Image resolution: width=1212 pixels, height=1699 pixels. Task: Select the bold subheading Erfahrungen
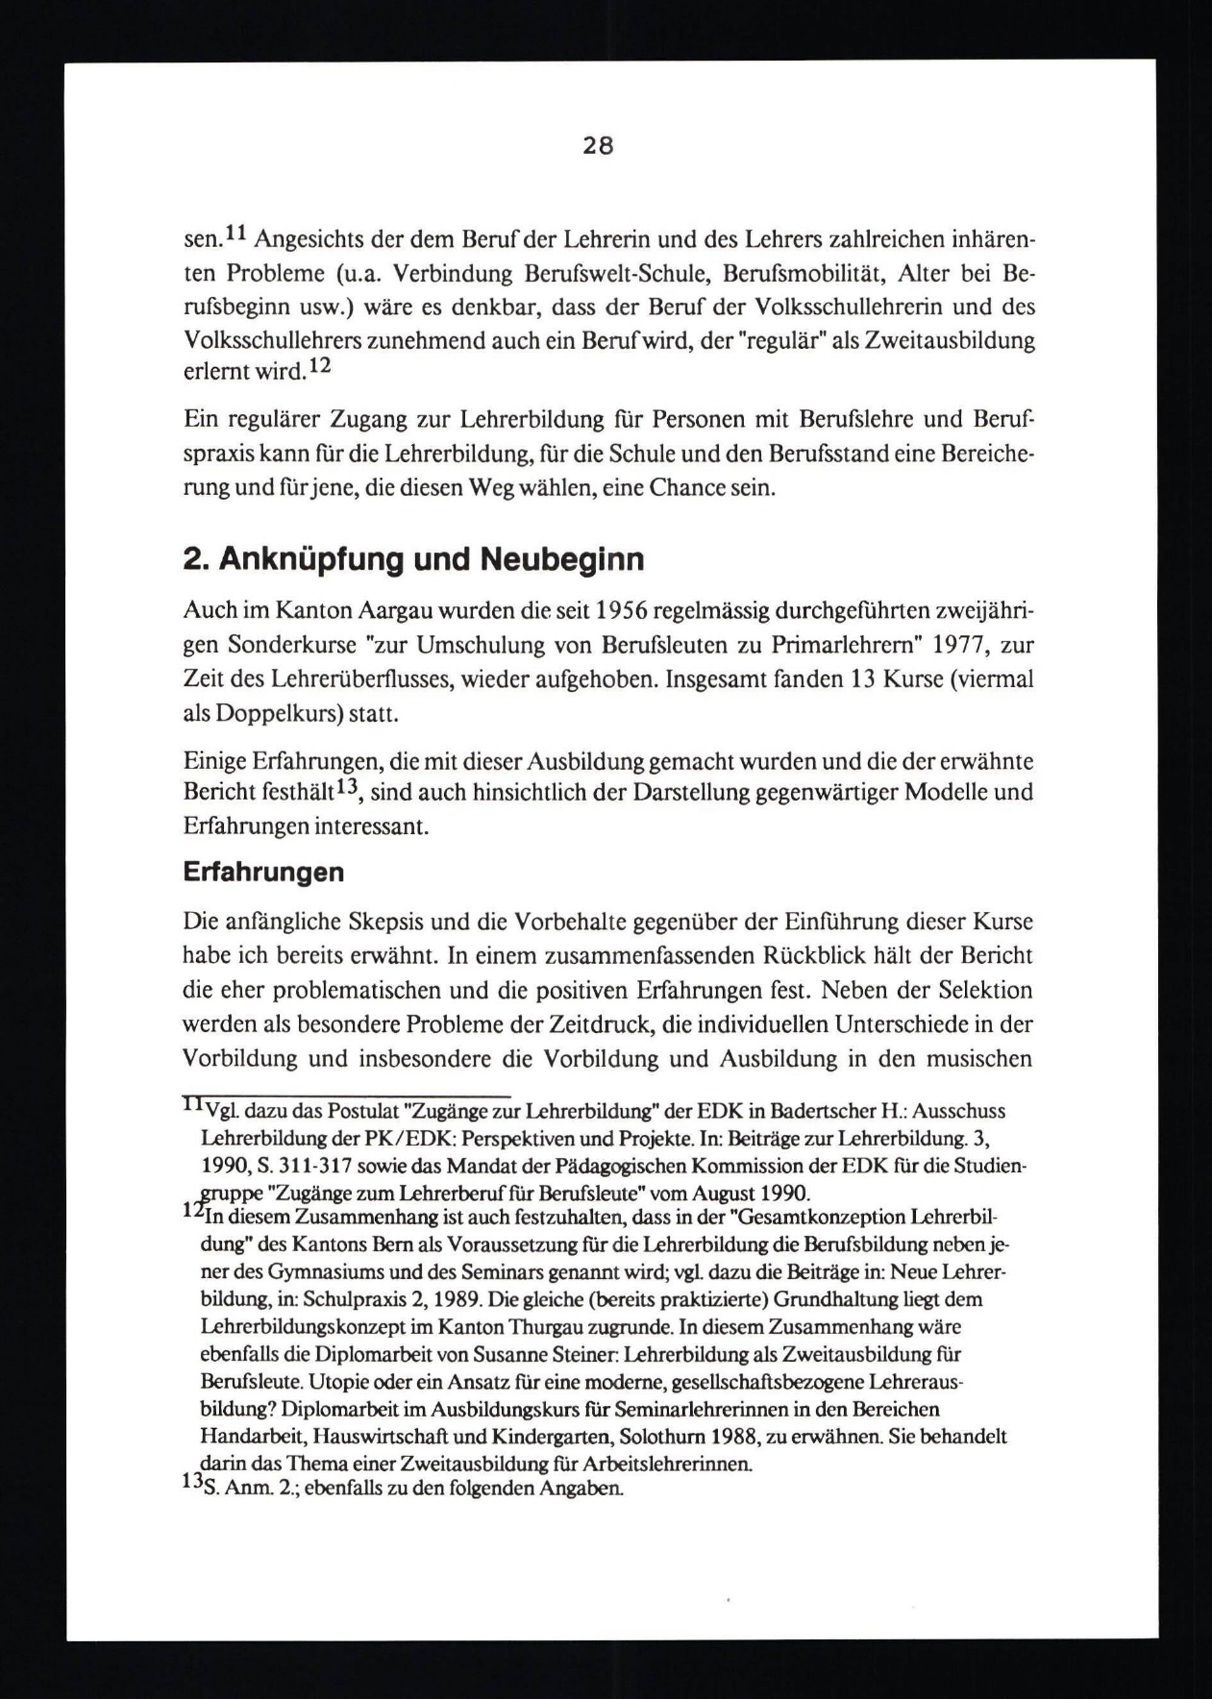pos(262,873)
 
